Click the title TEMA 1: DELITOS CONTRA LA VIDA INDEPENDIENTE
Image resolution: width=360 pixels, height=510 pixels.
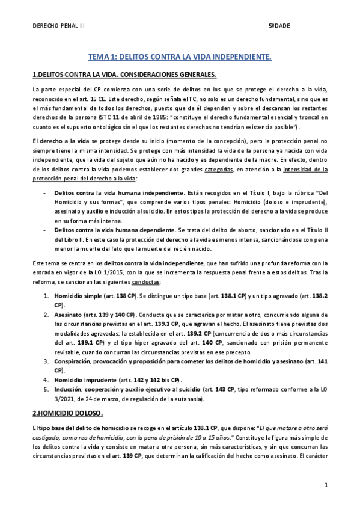(180, 57)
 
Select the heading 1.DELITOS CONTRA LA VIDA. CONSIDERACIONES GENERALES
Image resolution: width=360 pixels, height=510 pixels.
(123, 75)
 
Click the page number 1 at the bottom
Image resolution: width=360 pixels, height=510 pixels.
(325, 484)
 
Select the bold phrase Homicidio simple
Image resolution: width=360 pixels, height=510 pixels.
(78, 296)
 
